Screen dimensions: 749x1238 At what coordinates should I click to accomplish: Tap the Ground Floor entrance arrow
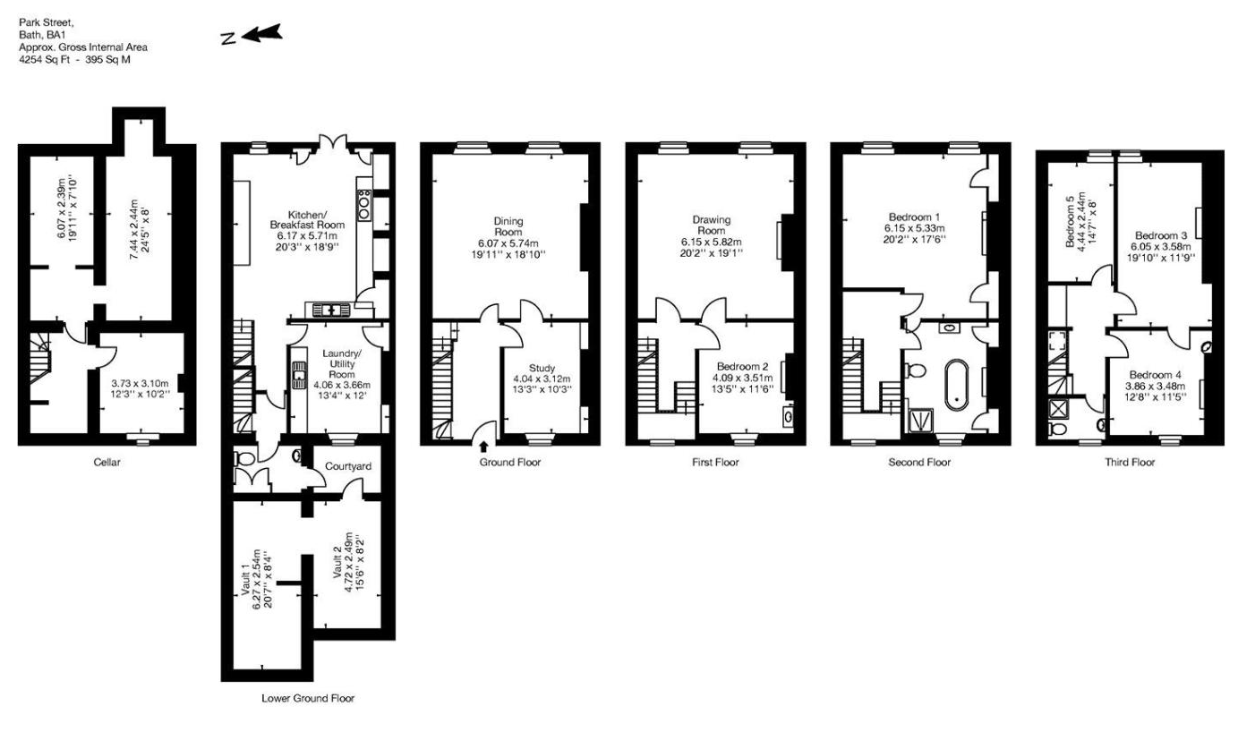click(484, 445)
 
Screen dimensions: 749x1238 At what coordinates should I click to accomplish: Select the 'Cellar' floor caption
click(107, 463)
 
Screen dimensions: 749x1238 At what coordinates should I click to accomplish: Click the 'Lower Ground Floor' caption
click(308, 698)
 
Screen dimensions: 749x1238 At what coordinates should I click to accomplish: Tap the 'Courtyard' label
click(348, 466)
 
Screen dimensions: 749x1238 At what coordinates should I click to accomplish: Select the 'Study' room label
click(542, 368)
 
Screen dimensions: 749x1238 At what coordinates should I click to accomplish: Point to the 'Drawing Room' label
click(712, 226)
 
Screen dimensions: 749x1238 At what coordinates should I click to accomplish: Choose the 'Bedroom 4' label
click(1156, 374)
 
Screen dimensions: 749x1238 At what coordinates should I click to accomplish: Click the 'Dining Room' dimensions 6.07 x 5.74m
click(508, 243)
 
